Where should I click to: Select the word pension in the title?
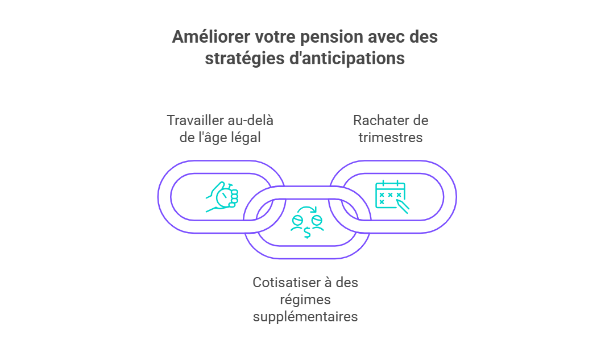point(331,38)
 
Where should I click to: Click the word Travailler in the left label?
point(192,121)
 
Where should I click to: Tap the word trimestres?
point(391,138)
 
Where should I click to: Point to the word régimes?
point(305,300)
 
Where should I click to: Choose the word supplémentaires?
point(305,317)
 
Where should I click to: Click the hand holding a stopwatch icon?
point(222,197)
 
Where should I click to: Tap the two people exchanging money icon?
point(307,222)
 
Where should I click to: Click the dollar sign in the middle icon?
point(307,232)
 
